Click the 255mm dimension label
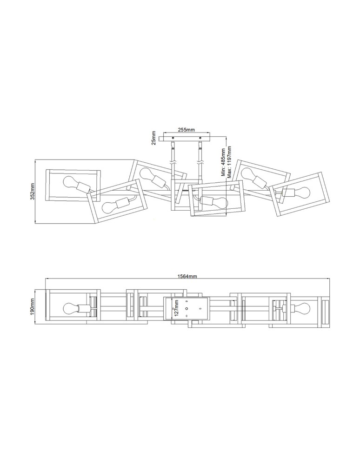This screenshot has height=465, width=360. pyautogui.click(x=186, y=130)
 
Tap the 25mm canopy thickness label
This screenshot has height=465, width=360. pyautogui.click(x=153, y=138)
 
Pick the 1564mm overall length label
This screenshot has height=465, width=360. pyautogui.click(x=187, y=276)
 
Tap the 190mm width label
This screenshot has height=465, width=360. pyautogui.click(x=33, y=306)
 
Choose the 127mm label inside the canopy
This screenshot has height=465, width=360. pyautogui.click(x=177, y=308)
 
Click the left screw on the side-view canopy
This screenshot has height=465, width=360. pyautogui.click(x=173, y=138)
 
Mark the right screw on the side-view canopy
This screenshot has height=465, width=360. pyautogui.click(x=200, y=138)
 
